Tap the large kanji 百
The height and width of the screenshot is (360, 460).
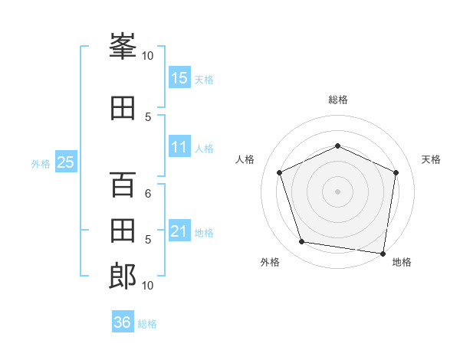click(123, 185)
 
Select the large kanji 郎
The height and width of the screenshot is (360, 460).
click(123, 276)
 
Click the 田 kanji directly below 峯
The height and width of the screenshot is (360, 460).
click(123, 108)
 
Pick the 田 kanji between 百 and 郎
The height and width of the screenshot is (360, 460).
click(123, 231)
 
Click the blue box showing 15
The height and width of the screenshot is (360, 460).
click(179, 77)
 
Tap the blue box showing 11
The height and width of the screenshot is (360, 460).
click(179, 147)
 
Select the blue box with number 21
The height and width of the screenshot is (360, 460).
click(179, 231)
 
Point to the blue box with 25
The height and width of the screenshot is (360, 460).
click(65, 162)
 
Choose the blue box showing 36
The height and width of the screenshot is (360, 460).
click(123, 322)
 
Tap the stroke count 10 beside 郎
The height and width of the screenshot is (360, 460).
click(148, 285)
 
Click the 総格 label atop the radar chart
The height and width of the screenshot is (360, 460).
click(338, 100)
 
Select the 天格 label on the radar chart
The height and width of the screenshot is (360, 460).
click(432, 159)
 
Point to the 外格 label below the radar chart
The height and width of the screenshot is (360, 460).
click(270, 262)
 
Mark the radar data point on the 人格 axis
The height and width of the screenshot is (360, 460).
click(280, 172)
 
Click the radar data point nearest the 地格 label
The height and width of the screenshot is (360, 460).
click(383, 253)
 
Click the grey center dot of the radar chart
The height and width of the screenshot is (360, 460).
click(338, 191)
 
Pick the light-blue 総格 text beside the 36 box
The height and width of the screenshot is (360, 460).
click(147, 324)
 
